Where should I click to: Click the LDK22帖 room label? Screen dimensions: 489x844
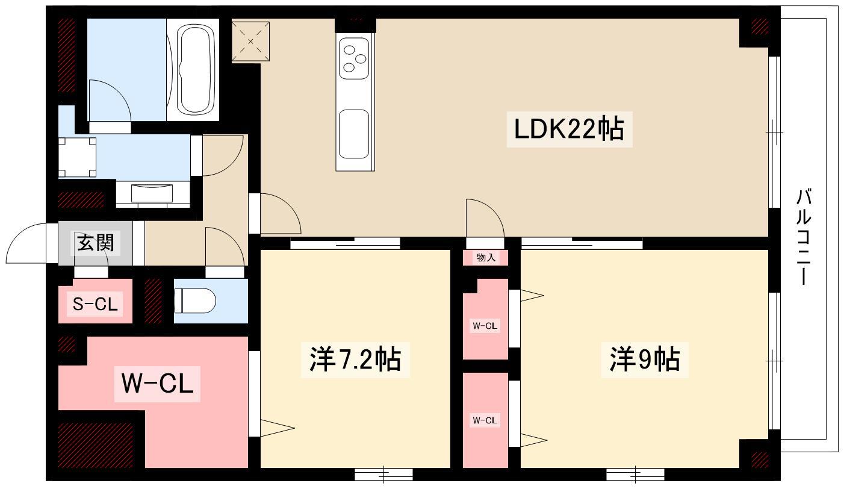[x=568, y=129]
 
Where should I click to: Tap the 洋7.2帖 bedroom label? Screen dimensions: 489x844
[x=355, y=360]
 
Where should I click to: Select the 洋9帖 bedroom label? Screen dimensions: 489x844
[x=645, y=360]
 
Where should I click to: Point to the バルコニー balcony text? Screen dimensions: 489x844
[x=804, y=237]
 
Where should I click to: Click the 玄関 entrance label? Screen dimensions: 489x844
[x=95, y=243]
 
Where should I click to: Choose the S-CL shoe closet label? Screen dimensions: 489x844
[x=95, y=304]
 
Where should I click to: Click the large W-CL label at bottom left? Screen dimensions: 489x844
[x=158, y=383]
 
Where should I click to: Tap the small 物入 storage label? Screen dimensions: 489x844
[x=485, y=258]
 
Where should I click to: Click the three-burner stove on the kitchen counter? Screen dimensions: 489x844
[x=353, y=58]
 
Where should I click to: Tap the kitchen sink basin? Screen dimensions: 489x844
[x=353, y=134]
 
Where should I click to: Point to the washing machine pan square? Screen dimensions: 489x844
[x=77, y=157]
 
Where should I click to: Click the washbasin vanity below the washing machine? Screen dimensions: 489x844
[x=153, y=193]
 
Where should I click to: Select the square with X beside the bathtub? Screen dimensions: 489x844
[x=250, y=42]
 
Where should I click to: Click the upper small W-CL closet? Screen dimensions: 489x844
[x=485, y=326]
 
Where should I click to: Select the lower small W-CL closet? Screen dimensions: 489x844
[x=485, y=420]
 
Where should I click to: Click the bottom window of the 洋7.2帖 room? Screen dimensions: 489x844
[x=383, y=475]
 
